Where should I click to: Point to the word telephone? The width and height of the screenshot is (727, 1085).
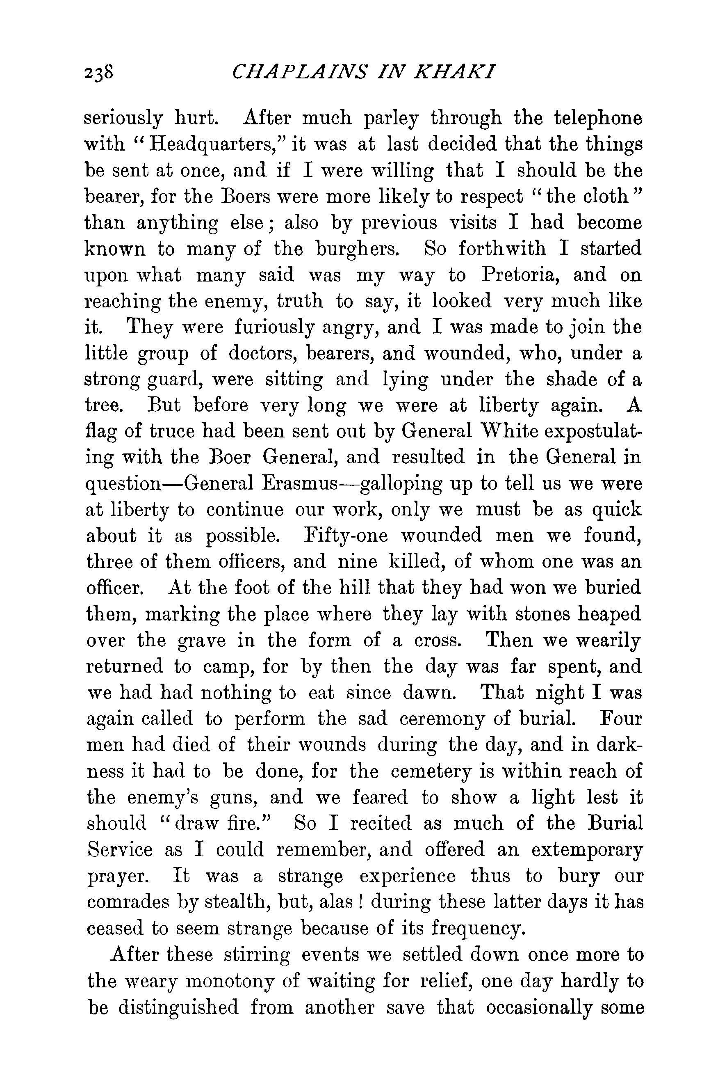pos(598,118)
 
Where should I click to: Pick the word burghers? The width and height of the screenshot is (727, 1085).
pos(358,249)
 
